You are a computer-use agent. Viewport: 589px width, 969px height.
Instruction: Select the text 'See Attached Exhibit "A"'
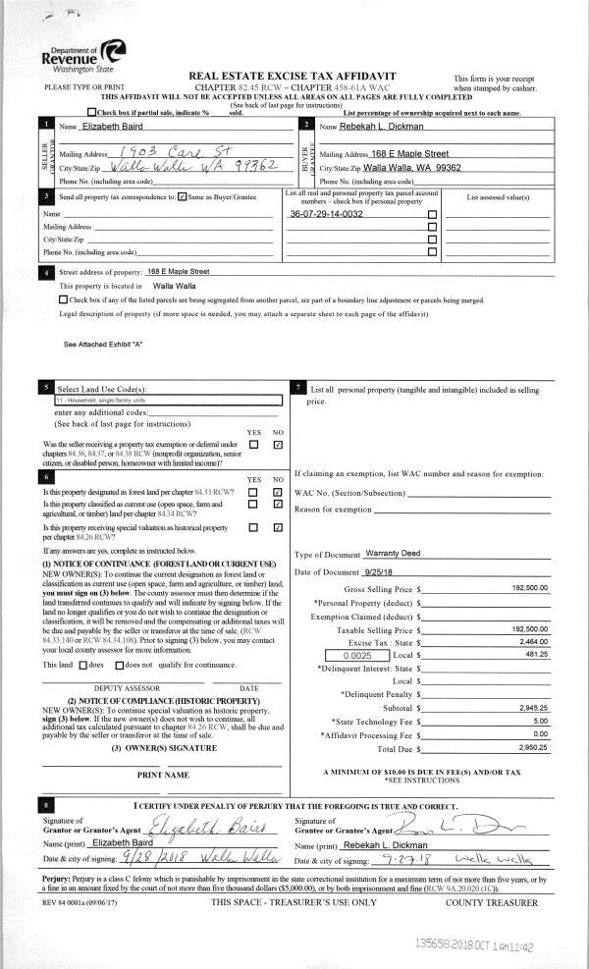pyautogui.click(x=103, y=344)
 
